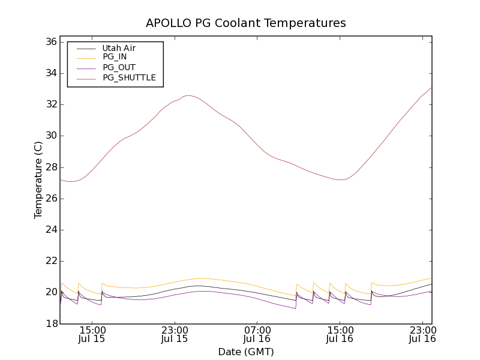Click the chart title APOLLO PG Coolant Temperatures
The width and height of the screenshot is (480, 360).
(246, 23)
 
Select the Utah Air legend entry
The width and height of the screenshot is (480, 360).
(119, 48)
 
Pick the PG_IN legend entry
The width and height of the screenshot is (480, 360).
(115, 57)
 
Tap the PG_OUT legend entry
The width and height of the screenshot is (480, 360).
(119, 67)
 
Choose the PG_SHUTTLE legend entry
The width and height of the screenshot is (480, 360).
(129, 77)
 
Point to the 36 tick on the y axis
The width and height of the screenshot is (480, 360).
(50, 42)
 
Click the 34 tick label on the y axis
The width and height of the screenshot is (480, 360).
(50, 73)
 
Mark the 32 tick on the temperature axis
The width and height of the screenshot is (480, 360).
(50, 104)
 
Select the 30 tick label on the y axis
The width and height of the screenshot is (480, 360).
(50, 136)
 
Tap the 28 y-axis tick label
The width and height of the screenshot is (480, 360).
(50, 167)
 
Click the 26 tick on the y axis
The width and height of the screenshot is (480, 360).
(50, 198)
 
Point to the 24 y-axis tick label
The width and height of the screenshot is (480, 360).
(50, 230)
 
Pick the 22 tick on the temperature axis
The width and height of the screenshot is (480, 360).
(50, 261)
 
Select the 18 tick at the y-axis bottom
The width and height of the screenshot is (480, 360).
(50, 323)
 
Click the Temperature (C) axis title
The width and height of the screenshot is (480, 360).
(38, 180)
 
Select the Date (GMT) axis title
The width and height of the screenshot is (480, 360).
(246, 352)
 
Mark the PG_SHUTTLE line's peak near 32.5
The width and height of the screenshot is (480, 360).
(188, 95)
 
